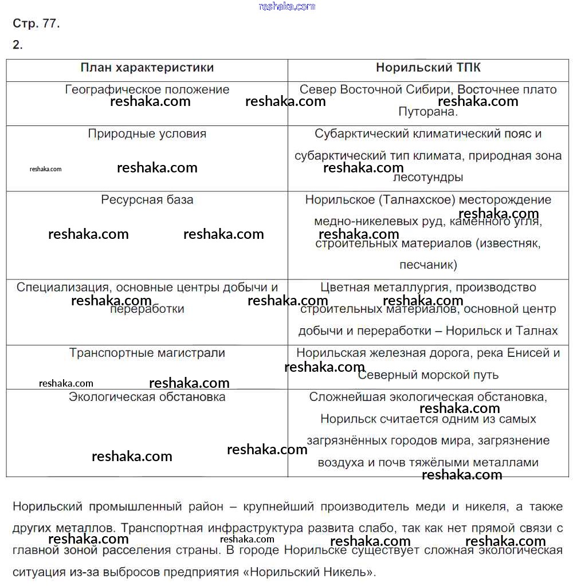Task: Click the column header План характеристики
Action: tap(147, 68)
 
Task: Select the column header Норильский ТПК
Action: tap(428, 68)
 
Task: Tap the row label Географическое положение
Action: tap(147, 90)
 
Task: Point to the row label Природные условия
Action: tap(147, 133)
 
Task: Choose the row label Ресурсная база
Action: tap(147, 200)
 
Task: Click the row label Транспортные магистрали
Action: tap(147, 353)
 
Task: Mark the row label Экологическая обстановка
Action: tap(147, 396)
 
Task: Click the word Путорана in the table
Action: tap(427, 112)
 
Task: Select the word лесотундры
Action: tap(428, 178)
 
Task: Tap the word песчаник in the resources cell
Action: tap(427, 265)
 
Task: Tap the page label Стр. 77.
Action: tap(36, 24)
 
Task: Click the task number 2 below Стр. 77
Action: tap(17, 45)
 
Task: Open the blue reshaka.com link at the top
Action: tap(286, 6)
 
